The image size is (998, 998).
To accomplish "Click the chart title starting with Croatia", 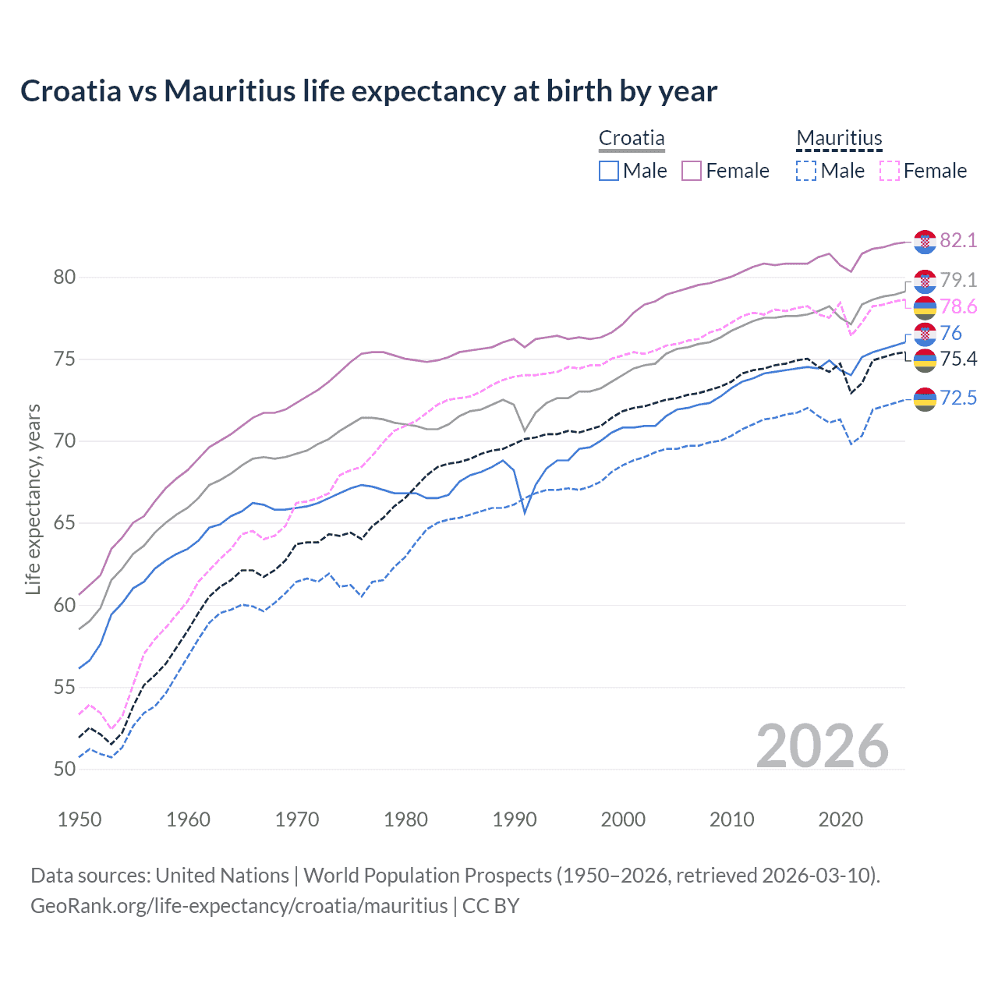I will click(x=368, y=91).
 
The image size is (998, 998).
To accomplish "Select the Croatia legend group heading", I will click(x=632, y=139).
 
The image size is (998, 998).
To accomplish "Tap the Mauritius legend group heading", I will click(x=839, y=139).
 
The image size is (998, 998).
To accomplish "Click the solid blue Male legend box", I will click(x=609, y=171).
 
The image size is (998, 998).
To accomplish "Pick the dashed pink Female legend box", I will click(x=890, y=171).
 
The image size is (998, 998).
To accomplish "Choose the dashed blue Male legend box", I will click(x=806, y=171).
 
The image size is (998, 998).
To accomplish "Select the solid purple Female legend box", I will click(x=692, y=171).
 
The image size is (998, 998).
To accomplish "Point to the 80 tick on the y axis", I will click(x=65, y=278).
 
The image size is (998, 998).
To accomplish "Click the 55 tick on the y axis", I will click(x=65, y=687).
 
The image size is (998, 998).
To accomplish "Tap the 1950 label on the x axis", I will click(x=80, y=819).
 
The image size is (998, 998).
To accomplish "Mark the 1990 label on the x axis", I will click(x=515, y=819).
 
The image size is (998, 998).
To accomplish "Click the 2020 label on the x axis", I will click(x=841, y=819).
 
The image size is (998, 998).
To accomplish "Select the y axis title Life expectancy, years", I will click(x=33, y=499).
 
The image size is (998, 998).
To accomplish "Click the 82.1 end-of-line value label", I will click(x=958, y=240).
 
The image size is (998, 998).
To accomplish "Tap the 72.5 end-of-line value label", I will click(x=958, y=398).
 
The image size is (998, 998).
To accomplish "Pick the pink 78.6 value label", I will click(x=958, y=307).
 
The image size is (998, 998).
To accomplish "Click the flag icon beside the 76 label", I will click(x=925, y=334).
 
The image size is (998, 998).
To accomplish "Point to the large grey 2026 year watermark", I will click(x=822, y=746).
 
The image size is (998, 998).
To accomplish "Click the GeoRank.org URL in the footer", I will click(x=239, y=906).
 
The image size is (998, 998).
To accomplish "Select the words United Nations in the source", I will click(x=222, y=876).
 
